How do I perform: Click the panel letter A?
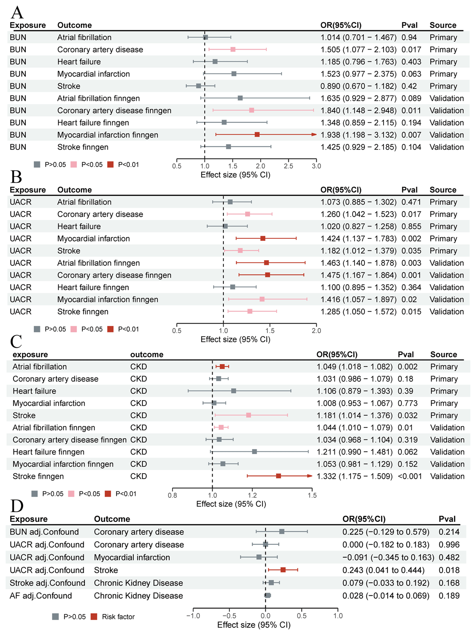pyautogui.click(x=17, y=12)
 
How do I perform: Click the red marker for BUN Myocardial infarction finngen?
pyautogui.click(x=257, y=135)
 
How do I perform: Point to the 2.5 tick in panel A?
pyautogui.click(x=288, y=166)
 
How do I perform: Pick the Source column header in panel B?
pyautogui.click(x=443, y=190)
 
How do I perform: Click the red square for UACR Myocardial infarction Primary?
pyautogui.click(x=263, y=238)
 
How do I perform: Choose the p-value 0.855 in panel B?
pyautogui.click(x=411, y=226)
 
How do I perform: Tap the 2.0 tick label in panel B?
pyautogui.click(x=316, y=330)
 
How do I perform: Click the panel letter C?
pyautogui.click(x=16, y=341)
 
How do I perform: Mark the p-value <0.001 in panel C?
pyautogui.click(x=410, y=476)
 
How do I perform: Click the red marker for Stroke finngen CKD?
pyautogui.click(x=278, y=476)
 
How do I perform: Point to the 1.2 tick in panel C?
pyautogui.click(x=252, y=495)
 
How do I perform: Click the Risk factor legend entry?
pyautogui.click(x=118, y=617)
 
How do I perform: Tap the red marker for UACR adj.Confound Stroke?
pyautogui.click(x=283, y=570)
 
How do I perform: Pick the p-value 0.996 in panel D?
pyautogui.click(x=449, y=545)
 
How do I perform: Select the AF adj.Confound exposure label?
pyautogui.click(x=41, y=596)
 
